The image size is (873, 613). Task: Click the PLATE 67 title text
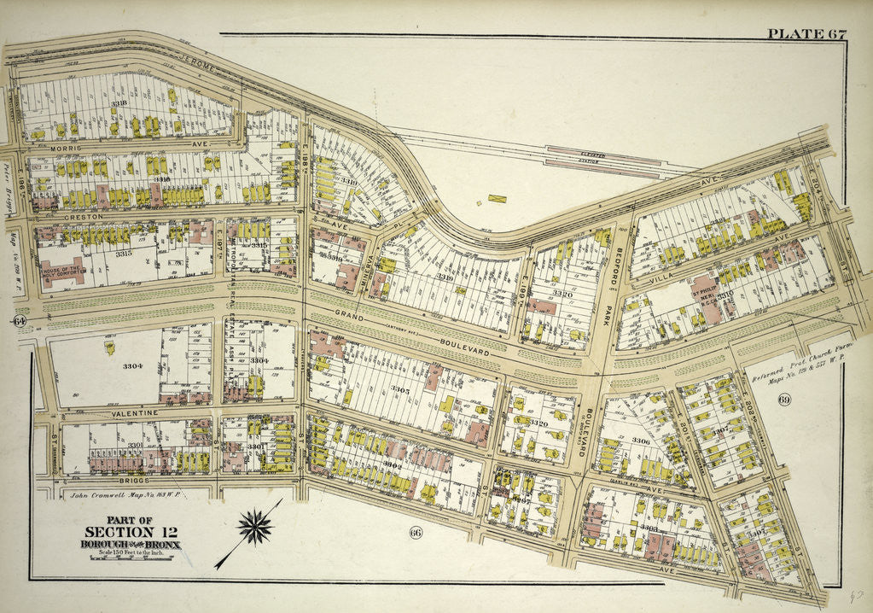[x=806, y=34]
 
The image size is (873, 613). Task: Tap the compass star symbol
[x=254, y=527]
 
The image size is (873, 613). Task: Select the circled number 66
[x=416, y=534]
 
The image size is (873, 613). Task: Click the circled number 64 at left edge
[x=18, y=321]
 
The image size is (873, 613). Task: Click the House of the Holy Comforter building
[x=65, y=271]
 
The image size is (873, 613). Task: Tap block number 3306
[x=641, y=441]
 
